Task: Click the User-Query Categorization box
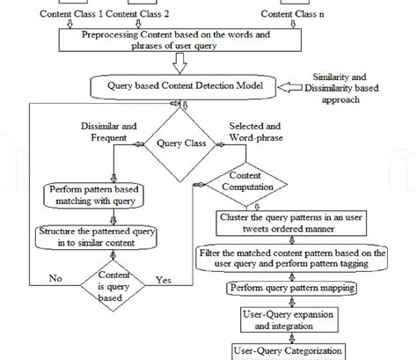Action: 287,350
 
